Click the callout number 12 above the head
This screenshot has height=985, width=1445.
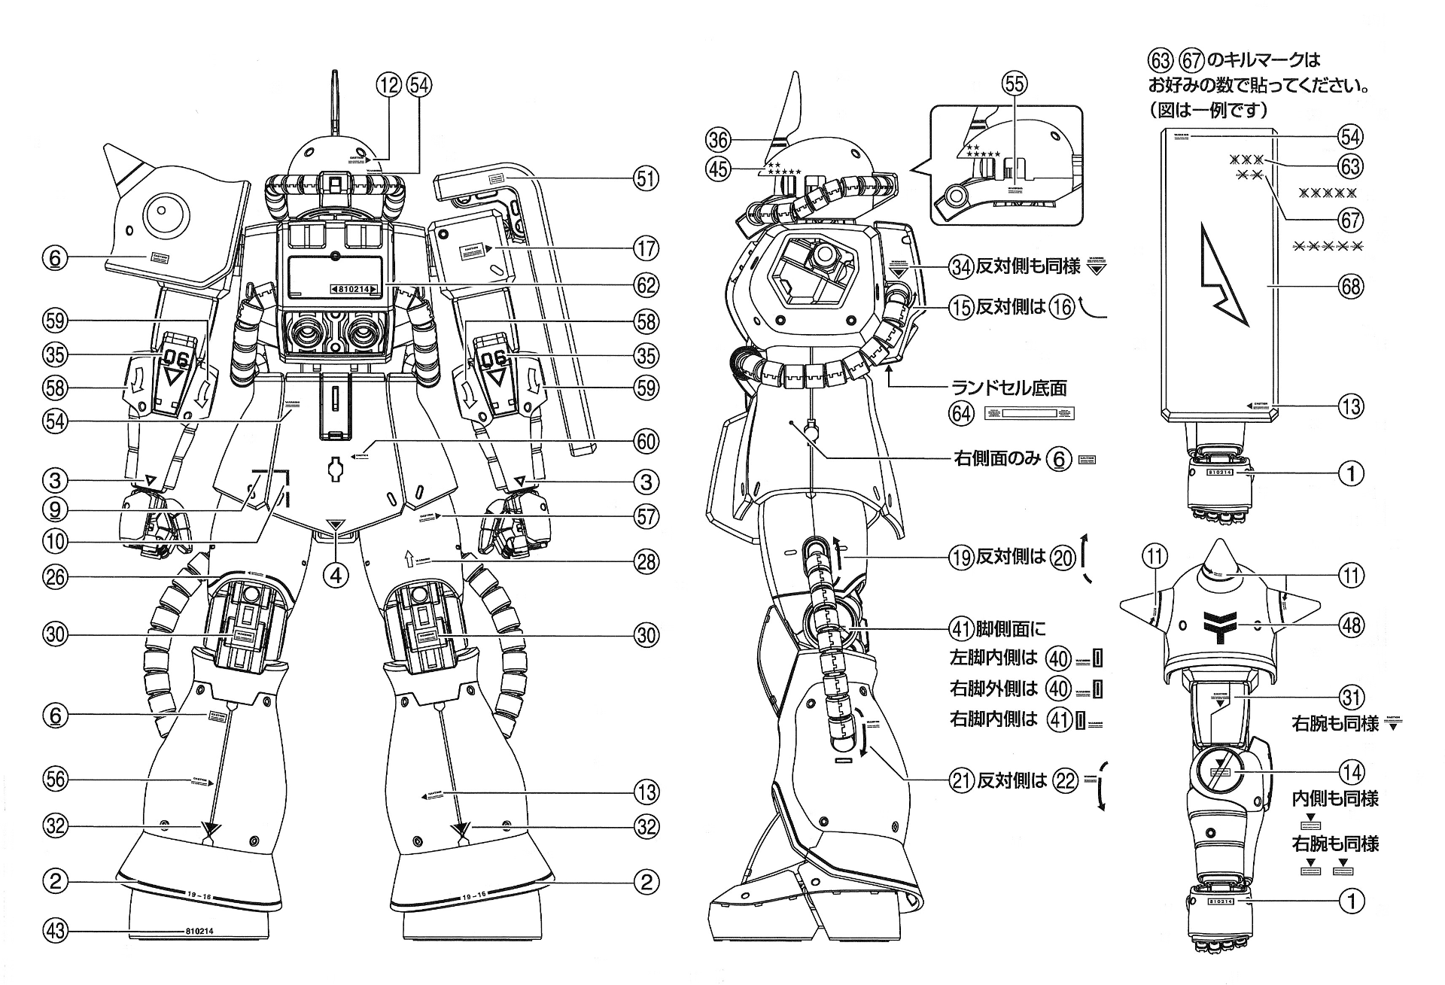pyautogui.click(x=389, y=85)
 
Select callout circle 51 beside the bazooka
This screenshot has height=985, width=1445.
pyautogui.click(x=646, y=179)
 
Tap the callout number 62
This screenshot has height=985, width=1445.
pyautogui.click(x=646, y=285)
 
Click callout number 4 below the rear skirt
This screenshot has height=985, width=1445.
pyautogui.click(x=336, y=576)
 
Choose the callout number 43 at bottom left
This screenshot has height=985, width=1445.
pyautogui.click(x=55, y=931)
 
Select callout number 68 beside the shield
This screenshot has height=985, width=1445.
pyautogui.click(x=1352, y=286)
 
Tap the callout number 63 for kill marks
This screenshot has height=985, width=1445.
pyautogui.click(x=1352, y=166)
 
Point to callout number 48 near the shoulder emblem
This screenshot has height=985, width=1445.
pyautogui.click(x=1352, y=625)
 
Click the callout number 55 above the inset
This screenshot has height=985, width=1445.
pyautogui.click(x=1015, y=84)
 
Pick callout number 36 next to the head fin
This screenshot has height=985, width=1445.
pyautogui.click(x=718, y=139)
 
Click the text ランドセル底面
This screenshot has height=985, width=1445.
pyautogui.click(x=1009, y=388)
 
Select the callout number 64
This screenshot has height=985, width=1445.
pyautogui.click(x=961, y=413)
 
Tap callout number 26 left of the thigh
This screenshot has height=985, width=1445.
pyautogui.click(x=55, y=577)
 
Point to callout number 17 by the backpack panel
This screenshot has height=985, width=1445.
pyautogui.click(x=646, y=248)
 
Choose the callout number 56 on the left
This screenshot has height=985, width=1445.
pyautogui.click(x=55, y=780)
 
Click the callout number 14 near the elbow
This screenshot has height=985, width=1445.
pyautogui.click(x=1352, y=771)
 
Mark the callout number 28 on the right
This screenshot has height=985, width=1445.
pyautogui.click(x=646, y=561)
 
